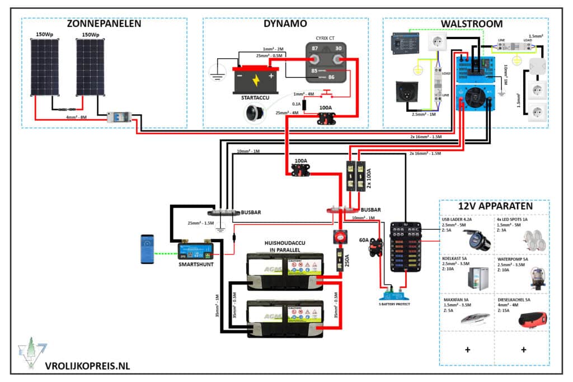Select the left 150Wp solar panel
[44, 67]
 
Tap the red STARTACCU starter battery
[255, 81]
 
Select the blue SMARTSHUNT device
[195, 248]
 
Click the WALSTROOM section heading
[472, 24]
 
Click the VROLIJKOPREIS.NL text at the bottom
[86, 366]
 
